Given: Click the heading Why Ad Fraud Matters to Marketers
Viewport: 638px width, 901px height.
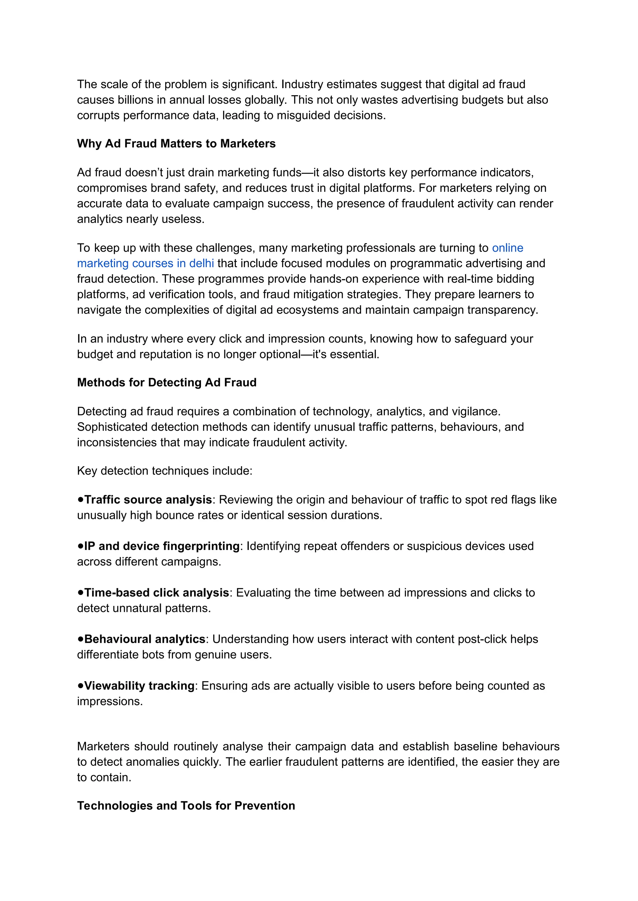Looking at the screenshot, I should coord(176,144).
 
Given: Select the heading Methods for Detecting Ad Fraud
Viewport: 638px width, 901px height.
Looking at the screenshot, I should coord(167,382).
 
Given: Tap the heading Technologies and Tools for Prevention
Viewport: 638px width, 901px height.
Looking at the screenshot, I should coord(186,806).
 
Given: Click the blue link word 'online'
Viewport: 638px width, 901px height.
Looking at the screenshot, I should coord(507,248).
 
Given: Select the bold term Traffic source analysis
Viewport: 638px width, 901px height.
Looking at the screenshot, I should coord(148,500).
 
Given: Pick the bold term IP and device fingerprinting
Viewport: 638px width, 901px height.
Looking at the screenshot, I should coord(162,546).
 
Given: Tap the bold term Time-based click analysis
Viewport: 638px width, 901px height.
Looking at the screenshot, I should coord(157,593).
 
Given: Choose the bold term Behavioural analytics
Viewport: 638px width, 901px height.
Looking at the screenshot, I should coord(145,639).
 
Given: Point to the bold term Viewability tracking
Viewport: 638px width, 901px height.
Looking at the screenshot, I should coord(140,686).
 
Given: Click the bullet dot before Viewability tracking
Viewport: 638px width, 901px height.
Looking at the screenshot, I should coord(81,685).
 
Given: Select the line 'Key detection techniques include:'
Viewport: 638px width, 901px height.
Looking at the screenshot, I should coord(164,471).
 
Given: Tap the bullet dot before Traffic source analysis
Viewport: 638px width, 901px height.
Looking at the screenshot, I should coord(81,499).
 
